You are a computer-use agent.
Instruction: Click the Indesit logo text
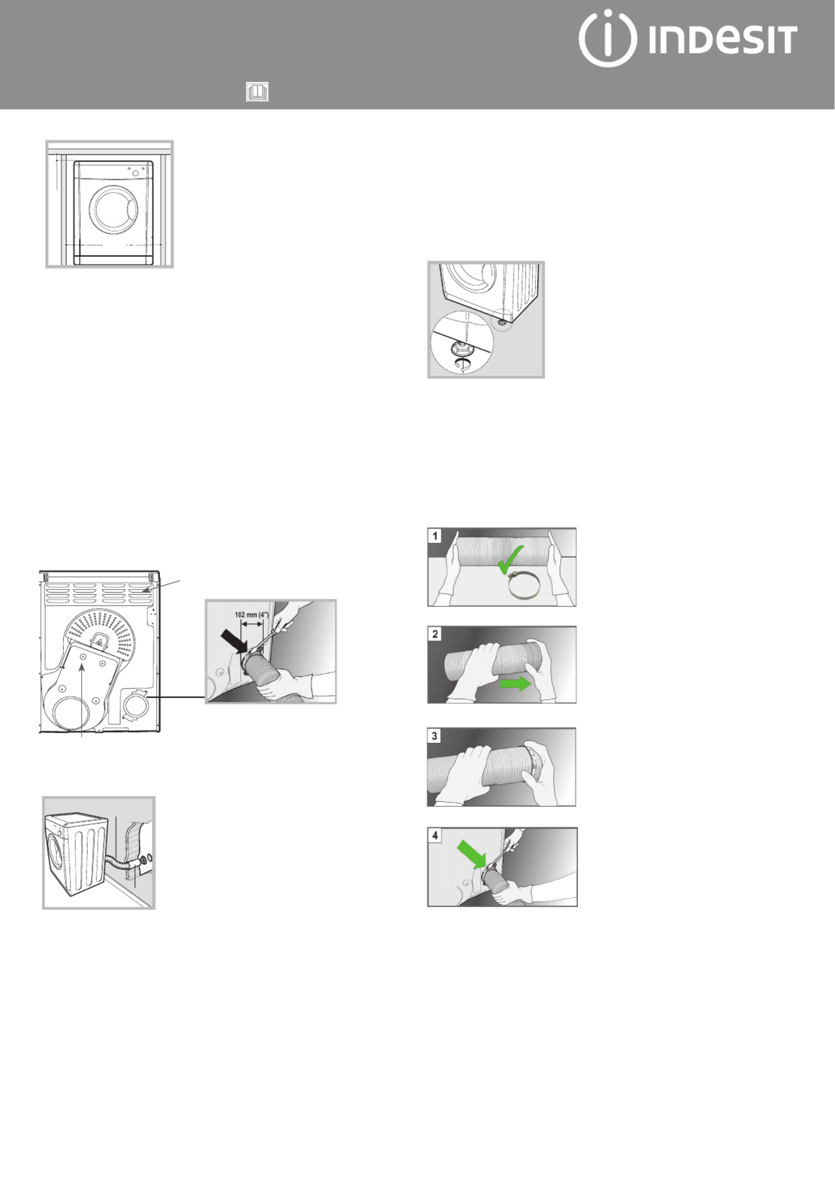click(723, 39)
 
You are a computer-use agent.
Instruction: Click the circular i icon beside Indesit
click(607, 38)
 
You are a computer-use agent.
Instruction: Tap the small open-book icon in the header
click(257, 92)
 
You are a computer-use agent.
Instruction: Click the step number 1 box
click(435, 536)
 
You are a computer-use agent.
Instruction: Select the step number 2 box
click(435, 634)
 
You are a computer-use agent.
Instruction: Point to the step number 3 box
click(435, 736)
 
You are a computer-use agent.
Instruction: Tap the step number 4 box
click(435, 836)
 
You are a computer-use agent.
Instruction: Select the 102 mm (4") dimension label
click(253, 615)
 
